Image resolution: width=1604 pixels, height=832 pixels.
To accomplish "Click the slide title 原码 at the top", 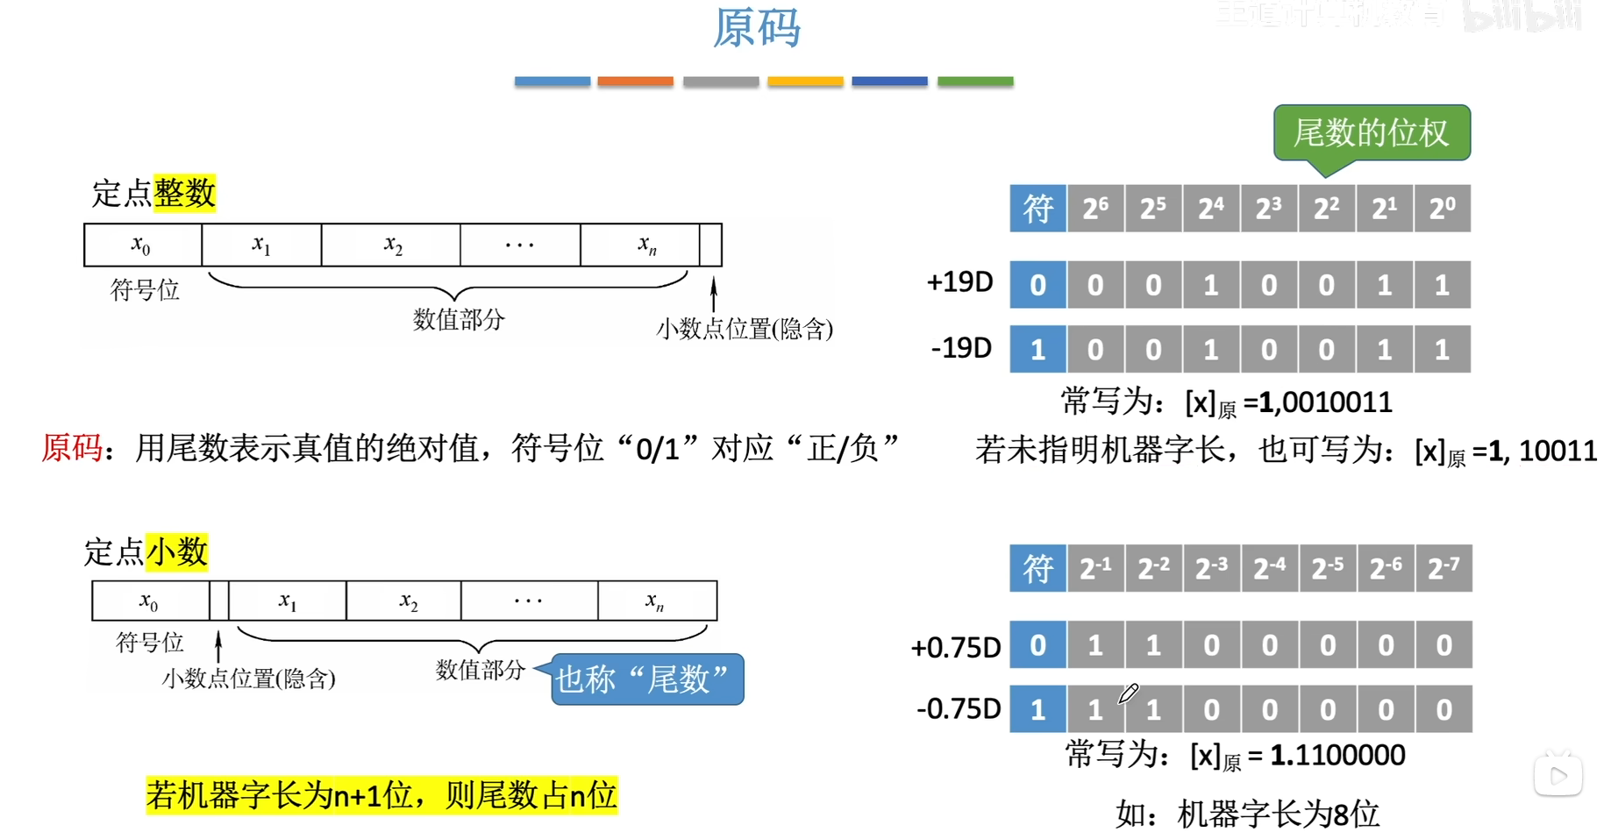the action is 756,28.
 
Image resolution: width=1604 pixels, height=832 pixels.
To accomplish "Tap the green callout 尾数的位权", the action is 1371,133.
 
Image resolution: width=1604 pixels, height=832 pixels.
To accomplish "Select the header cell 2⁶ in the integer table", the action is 1095,209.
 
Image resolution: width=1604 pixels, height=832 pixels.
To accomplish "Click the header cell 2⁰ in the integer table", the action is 1442,209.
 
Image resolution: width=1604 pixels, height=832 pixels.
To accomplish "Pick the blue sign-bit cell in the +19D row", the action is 1037,285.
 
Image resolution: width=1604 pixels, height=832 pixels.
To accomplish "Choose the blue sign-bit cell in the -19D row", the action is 1037,350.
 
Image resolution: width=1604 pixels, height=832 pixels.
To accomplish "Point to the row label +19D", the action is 959,282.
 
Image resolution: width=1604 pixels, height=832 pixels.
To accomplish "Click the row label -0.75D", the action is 958,708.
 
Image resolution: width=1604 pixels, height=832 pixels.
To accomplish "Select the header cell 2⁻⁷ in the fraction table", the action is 1444,568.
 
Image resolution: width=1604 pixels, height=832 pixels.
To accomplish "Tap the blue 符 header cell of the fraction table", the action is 1037,568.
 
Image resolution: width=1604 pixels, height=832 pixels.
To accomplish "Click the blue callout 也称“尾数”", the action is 647,679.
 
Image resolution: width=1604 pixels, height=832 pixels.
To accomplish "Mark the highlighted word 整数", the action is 184,193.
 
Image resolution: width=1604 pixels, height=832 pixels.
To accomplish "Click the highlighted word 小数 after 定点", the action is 176,552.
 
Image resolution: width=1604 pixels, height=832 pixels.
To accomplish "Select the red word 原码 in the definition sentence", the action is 72,448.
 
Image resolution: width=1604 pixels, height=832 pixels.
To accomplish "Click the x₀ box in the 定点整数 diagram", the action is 142,245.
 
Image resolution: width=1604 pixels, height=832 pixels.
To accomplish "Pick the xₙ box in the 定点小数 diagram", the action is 656,601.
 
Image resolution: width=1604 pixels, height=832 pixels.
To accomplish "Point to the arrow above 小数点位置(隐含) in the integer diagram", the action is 714,295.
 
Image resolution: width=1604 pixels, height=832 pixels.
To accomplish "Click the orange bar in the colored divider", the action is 635,82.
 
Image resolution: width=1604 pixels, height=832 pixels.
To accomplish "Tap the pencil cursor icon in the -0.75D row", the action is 1128,694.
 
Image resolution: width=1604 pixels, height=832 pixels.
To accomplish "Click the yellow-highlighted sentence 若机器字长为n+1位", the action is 381,795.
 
